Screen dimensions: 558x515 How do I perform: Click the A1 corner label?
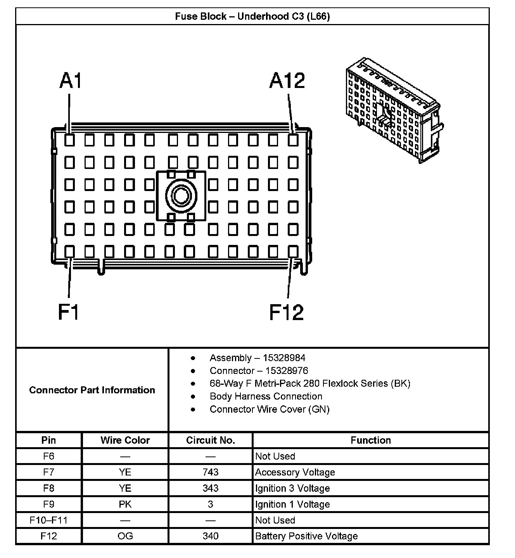pos(71,81)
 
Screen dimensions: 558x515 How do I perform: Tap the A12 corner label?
pos(287,81)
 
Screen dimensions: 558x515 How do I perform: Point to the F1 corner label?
pos(69,312)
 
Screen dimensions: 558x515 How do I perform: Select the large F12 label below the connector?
pos(286,312)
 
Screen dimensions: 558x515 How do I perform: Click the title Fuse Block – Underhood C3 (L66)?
pos(252,16)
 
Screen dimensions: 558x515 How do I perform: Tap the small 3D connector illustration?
pos(394,110)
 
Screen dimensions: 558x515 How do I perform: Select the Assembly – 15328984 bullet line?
pos(257,358)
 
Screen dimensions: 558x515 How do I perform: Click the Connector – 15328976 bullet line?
pos(259,370)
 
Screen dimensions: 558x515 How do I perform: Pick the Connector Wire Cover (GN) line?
pos(269,409)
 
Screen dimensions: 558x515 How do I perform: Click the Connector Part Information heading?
pos(92,390)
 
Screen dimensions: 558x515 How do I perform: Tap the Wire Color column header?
pos(125,440)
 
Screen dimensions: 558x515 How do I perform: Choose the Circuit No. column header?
pos(210,440)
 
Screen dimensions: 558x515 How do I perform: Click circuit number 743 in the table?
pos(210,472)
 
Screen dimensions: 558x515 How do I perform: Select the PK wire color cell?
pos(125,504)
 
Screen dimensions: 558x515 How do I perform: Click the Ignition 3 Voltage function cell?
pos(292,488)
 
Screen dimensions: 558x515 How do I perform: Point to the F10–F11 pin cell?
pos(48,520)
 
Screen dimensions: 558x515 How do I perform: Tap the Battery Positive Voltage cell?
pos(306,536)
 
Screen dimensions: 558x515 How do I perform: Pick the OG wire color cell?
pos(125,536)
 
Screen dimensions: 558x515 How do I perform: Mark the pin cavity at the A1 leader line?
pos(69,140)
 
